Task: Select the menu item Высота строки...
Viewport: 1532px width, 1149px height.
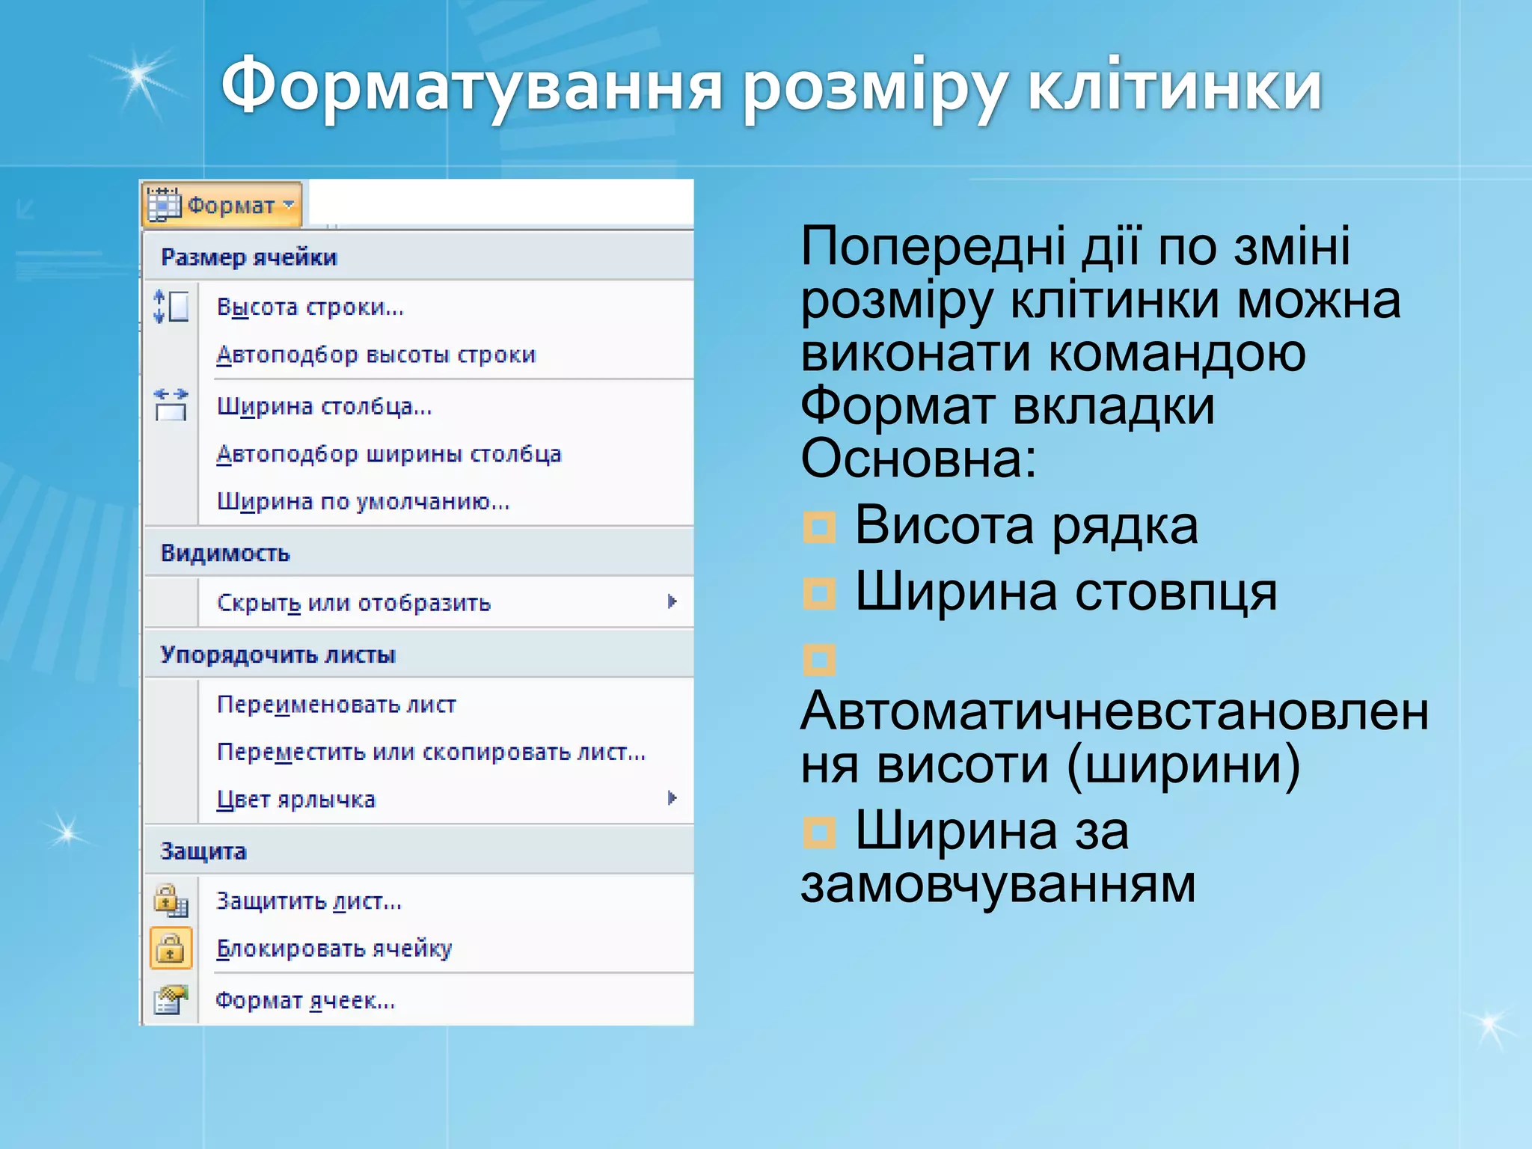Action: click(x=310, y=307)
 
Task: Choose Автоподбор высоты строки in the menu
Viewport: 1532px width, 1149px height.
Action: click(x=376, y=355)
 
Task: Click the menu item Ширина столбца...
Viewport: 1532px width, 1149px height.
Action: click(x=324, y=406)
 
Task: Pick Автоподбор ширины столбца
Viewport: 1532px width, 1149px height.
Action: click(x=388, y=454)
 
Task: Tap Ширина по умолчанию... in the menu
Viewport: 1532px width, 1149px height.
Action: click(x=363, y=501)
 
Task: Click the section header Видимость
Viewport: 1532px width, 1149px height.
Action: click(x=225, y=553)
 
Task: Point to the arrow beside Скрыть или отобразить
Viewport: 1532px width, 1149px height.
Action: click(x=672, y=601)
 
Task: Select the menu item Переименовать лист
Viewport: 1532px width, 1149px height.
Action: click(x=336, y=704)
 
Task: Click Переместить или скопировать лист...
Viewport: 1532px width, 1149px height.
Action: click(x=430, y=752)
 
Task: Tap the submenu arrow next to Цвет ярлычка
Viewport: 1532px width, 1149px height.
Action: click(x=672, y=798)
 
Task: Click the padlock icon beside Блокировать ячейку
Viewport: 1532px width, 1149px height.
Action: click(x=171, y=948)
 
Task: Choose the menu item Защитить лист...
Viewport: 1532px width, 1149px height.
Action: click(x=308, y=901)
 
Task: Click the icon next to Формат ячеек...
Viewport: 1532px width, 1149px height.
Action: click(x=171, y=999)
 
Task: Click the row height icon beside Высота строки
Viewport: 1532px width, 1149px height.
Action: click(x=171, y=307)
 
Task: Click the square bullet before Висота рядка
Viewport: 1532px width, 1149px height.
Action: click(x=819, y=527)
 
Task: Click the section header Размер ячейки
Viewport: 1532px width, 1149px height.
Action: click(x=249, y=257)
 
